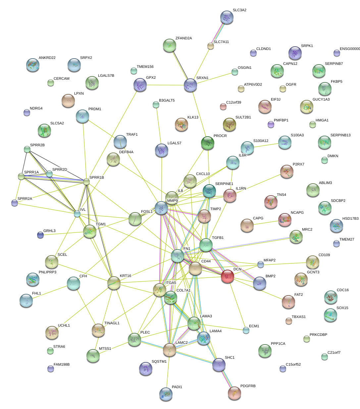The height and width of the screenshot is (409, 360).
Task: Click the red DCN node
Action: point(228,276)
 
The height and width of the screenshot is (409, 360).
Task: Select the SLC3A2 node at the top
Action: point(227,17)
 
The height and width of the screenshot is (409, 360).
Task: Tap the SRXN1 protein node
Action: point(190,85)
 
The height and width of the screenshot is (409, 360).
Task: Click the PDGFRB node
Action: point(234,393)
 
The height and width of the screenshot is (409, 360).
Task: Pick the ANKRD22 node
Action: point(33,65)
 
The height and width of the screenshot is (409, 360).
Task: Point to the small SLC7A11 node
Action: point(211,46)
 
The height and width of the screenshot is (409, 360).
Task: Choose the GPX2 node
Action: point(140,85)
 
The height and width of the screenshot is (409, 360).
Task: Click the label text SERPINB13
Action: point(340,135)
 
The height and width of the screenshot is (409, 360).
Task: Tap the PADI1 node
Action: point(166,394)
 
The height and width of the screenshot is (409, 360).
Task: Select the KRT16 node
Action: point(114,283)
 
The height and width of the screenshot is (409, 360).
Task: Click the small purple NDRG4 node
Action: point(27,113)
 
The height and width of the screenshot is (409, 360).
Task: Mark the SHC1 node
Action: point(219,364)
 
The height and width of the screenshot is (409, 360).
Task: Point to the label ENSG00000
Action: point(349,49)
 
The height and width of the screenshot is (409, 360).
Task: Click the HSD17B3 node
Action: point(336,225)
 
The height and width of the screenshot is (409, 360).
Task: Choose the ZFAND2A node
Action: point(170,45)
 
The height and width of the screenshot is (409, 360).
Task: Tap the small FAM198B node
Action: point(51,368)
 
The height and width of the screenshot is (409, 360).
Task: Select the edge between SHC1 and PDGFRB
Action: point(227,379)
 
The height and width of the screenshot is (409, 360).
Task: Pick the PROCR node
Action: point(208,143)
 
